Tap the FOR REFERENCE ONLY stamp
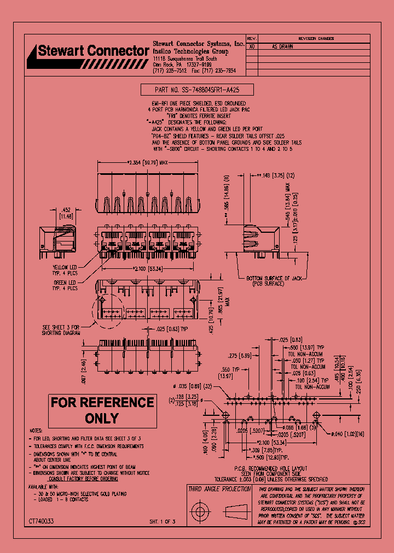(102, 410)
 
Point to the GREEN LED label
(65, 285)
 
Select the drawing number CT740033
(42, 522)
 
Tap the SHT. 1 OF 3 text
(163, 522)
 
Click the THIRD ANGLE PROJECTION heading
(219, 489)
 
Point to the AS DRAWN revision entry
(282, 47)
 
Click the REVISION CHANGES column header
(316, 39)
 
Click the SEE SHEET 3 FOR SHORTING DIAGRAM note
(61, 330)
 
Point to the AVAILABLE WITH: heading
(44, 486)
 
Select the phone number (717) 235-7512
(170, 70)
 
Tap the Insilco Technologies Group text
(190, 50)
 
